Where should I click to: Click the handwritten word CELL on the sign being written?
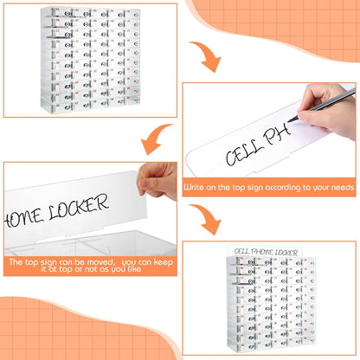click(245, 154)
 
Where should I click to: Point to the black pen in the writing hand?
click(322, 106)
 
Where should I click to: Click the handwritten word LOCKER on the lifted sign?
click(79, 207)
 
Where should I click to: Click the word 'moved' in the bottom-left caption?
click(100, 262)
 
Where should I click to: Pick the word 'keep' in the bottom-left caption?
click(163, 262)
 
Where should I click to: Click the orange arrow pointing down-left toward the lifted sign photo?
click(157, 138)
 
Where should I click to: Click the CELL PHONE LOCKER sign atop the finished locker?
click(265, 252)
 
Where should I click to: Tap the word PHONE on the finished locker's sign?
click(262, 252)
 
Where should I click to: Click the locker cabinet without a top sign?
click(91, 60)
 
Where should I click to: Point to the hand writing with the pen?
click(327, 110)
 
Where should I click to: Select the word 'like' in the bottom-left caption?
click(133, 269)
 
